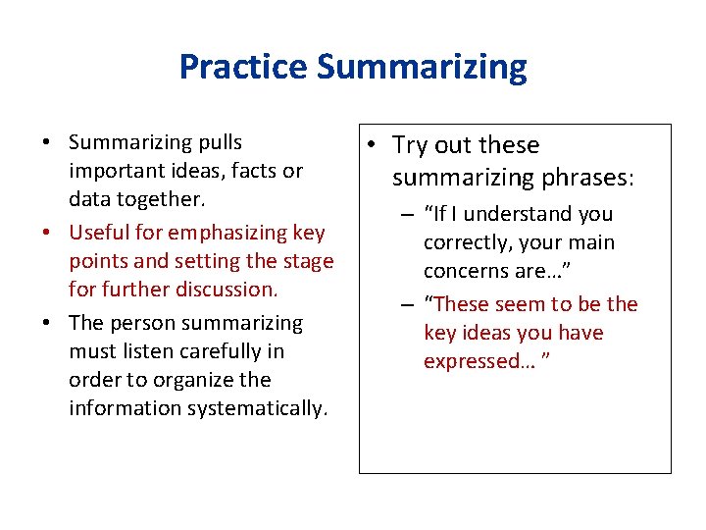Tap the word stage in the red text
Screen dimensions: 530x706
pos(307,261)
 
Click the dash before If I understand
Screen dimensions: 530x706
pos(405,214)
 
